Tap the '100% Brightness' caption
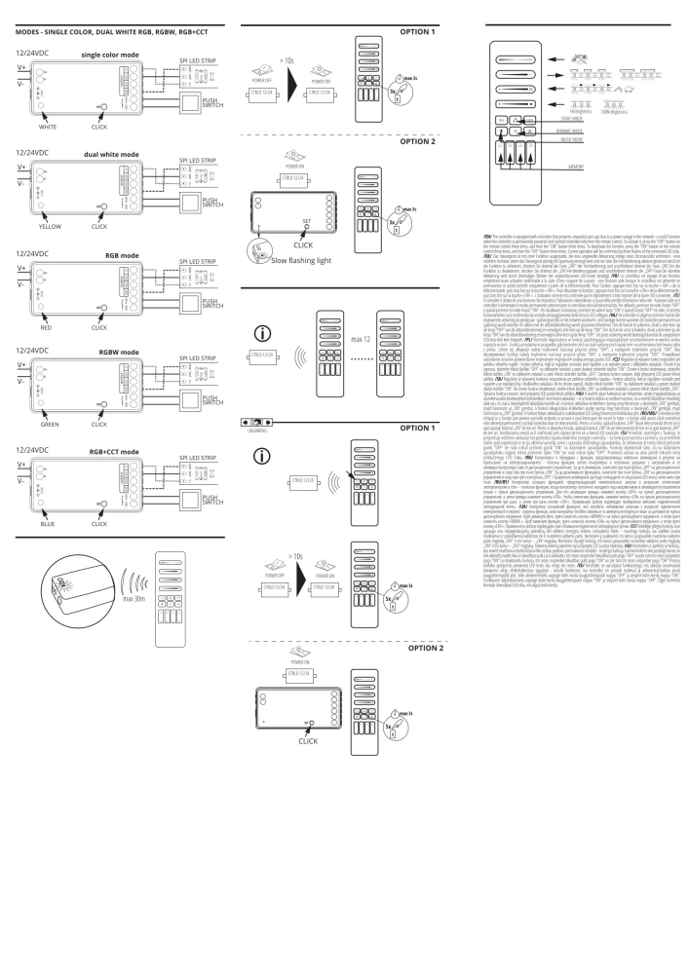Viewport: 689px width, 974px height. (x=613, y=104)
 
